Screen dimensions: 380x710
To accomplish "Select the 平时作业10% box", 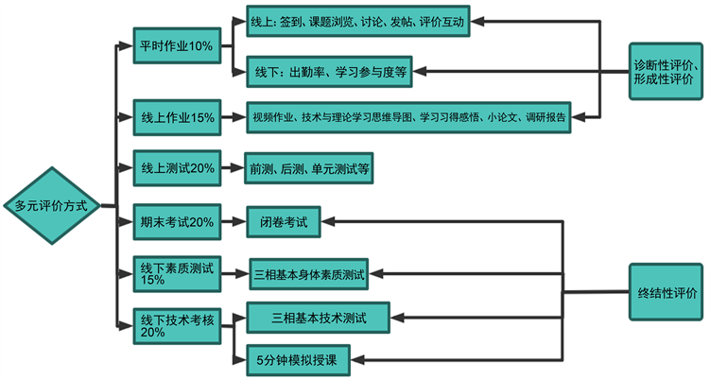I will pos(175,45).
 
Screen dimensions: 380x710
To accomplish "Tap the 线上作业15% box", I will pos(174,118).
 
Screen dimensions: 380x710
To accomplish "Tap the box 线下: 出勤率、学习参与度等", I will pos(331,71).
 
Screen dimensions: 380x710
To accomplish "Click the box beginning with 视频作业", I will pos(408,118).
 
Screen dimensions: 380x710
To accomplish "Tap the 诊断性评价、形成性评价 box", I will pos(667,71).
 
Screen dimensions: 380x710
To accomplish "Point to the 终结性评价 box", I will pos(667,294).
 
